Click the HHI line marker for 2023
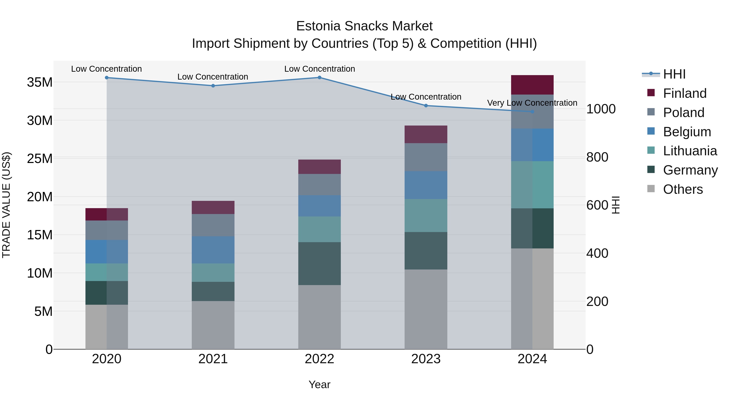[x=426, y=105]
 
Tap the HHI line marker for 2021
[x=213, y=86]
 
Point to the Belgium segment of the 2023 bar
[x=426, y=185]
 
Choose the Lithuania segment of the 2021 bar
[x=213, y=273]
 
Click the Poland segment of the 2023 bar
[x=426, y=157]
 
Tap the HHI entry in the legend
[x=674, y=74]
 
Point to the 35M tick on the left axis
[x=40, y=82]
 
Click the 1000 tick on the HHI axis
[x=601, y=109]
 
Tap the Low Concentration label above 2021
[x=213, y=77]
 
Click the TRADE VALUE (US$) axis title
[x=6, y=205]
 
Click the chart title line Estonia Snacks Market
[x=364, y=26]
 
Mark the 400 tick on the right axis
[x=597, y=253]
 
